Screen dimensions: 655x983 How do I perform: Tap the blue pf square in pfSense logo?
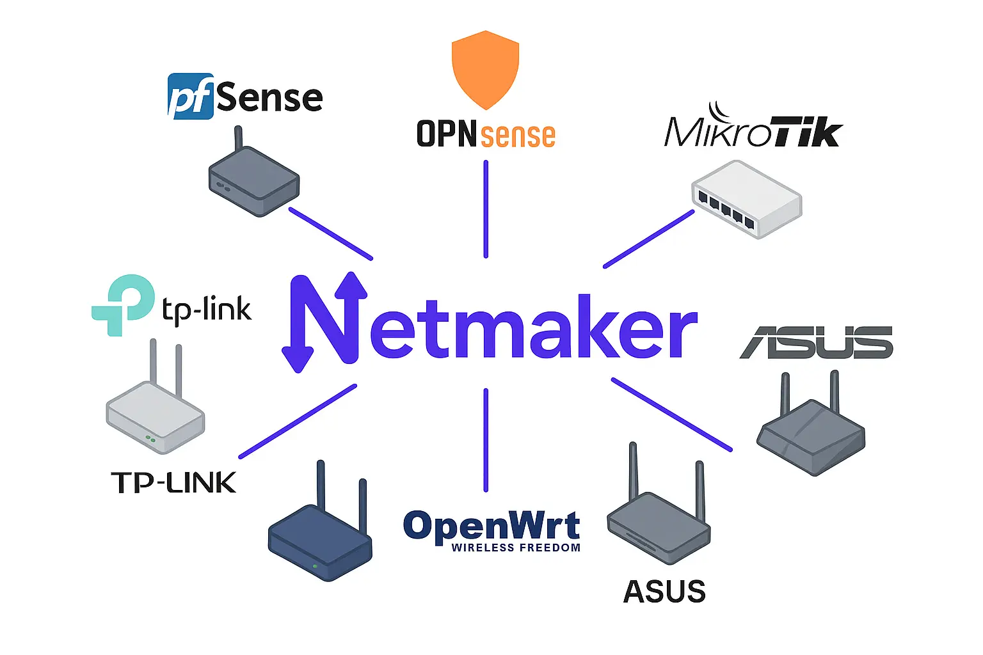point(190,97)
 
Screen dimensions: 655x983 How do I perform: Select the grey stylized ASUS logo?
point(817,342)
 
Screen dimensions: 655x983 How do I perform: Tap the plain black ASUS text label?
point(664,592)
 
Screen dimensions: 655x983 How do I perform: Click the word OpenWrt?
point(491,526)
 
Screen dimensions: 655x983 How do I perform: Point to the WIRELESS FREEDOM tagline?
point(516,548)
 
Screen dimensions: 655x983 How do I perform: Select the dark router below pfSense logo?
point(254,182)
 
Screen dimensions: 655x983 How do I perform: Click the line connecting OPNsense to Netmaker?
point(486,209)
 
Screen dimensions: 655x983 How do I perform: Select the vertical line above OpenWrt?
point(486,439)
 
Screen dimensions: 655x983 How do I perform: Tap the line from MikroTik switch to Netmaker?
point(648,239)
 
